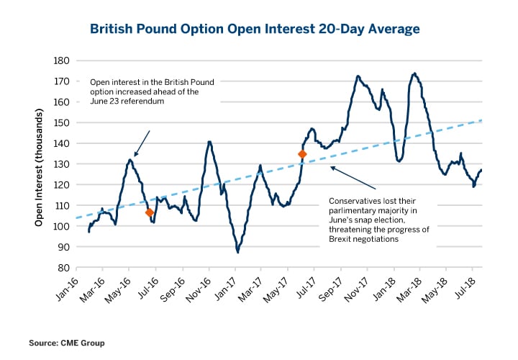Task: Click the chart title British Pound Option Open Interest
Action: coord(254,29)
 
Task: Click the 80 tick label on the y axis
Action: coord(62,268)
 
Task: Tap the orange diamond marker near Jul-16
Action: coord(150,212)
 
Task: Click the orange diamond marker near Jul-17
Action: coord(302,154)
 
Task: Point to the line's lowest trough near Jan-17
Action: coord(237,252)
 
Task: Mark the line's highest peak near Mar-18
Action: coord(414,73)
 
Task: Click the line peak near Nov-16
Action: coord(209,141)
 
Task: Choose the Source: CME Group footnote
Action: coord(71,343)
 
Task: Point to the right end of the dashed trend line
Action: coord(481,120)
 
